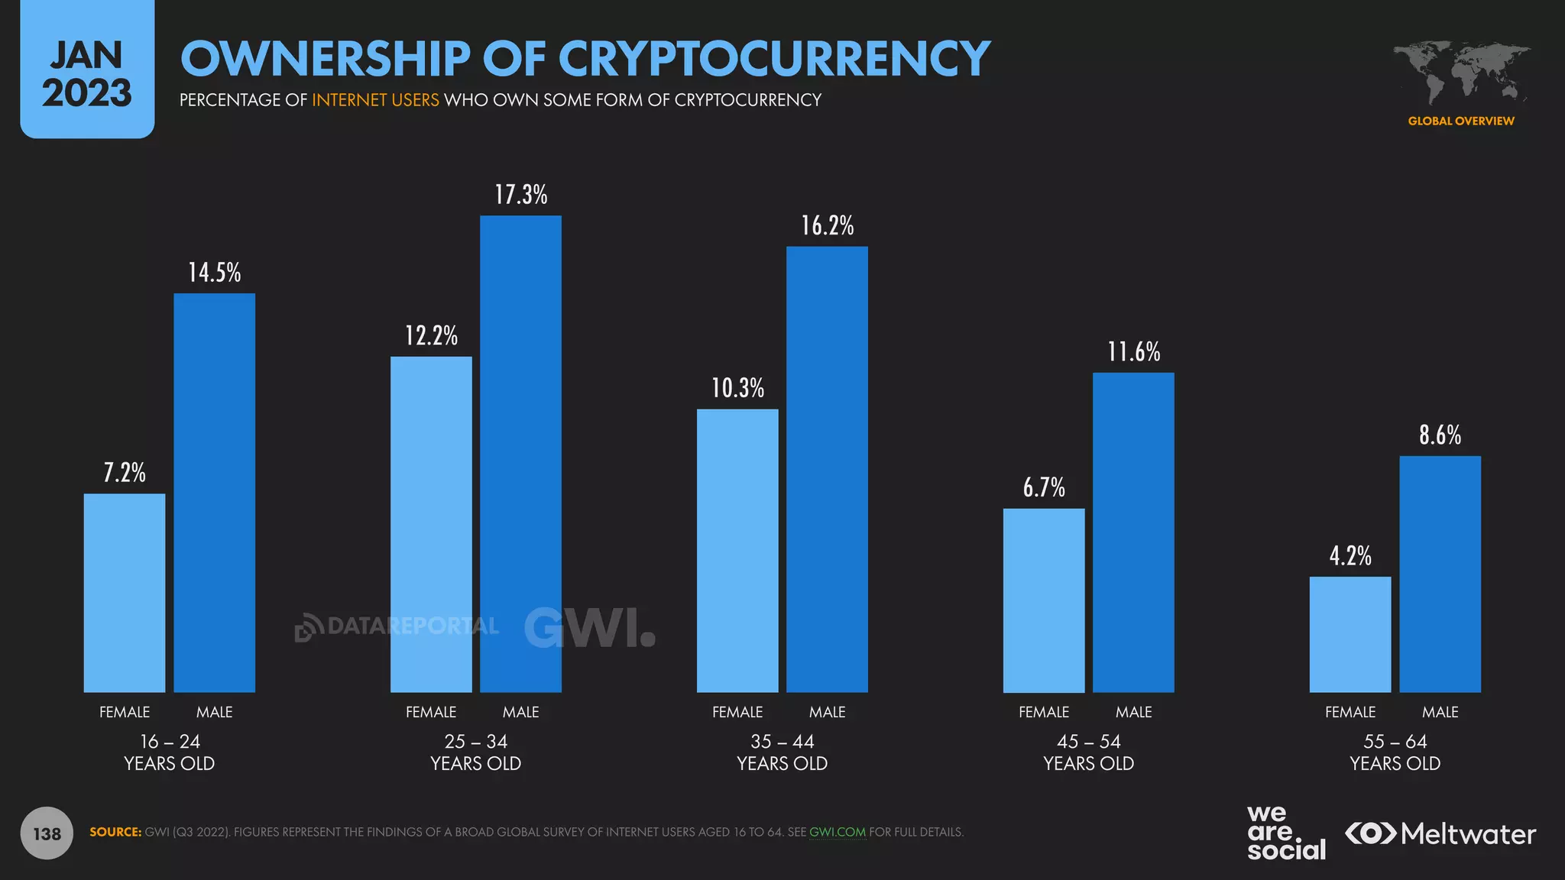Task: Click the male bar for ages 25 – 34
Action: [520, 454]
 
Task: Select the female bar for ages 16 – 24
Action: [125, 593]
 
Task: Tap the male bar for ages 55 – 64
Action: [1440, 574]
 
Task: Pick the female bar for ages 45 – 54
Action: [1044, 600]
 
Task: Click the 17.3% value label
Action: [521, 195]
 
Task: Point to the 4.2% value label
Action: [1350, 555]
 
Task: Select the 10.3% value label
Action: [737, 388]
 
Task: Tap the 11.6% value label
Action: [1134, 351]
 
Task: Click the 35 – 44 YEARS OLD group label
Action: [782, 752]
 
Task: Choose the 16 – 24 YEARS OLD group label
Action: [169, 752]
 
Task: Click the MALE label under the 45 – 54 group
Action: [1133, 712]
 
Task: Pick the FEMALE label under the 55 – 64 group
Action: [1350, 712]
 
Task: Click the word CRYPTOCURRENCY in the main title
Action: [773, 59]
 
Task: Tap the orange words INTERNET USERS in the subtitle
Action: [375, 100]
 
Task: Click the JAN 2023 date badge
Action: [87, 73]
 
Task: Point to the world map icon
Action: [1461, 73]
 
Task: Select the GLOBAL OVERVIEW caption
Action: [1461, 121]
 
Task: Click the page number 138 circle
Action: [47, 833]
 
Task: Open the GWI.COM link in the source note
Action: [838, 832]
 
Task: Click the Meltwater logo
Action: [1440, 833]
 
